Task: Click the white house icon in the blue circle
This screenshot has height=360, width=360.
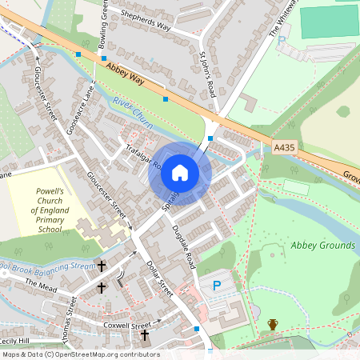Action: (x=180, y=173)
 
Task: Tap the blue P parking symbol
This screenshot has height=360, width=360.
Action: (x=215, y=286)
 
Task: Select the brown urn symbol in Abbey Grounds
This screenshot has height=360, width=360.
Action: (x=273, y=325)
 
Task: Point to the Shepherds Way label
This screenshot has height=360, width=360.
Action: (x=145, y=20)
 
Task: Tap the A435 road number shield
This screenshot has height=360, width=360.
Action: (x=284, y=147)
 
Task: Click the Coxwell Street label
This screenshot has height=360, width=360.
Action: (x=126, y=326)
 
